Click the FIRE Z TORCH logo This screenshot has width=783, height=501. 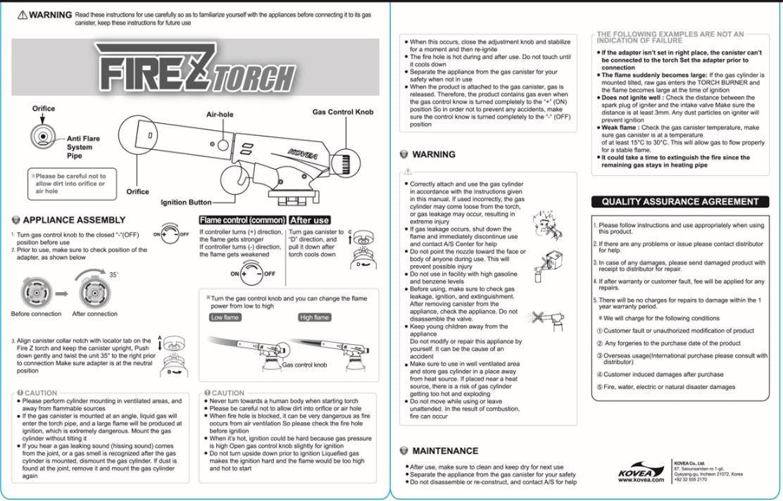tap(195, 68)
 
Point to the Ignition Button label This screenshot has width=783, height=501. tap(186, 203)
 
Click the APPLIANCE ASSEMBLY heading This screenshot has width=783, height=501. tap(74, 220)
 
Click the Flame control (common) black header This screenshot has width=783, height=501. tap(242, 220)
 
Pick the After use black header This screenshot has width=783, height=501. tap(310, 220)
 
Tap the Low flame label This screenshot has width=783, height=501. tap(225, 317)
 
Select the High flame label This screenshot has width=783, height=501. tap(314, 317)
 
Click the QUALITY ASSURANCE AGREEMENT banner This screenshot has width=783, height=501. tap(679, 202)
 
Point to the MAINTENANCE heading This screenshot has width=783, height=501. tap(444, 450)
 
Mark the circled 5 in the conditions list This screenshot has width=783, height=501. tap(600, 387)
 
